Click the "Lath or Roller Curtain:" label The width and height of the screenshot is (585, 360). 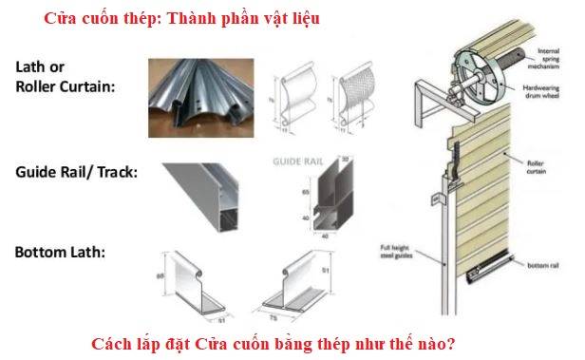[x=65, y=77]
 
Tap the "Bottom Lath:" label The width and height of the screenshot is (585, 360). [x=60, y=253]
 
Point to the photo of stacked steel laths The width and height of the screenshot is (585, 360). [x=194, y=90]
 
